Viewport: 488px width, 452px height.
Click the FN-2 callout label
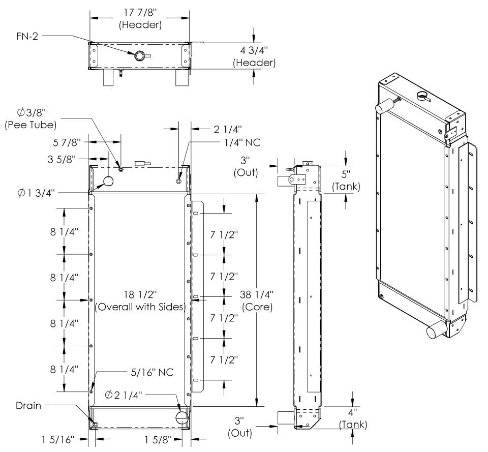click(x=27, y=37)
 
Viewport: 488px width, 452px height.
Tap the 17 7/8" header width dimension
click(x=140, y=12)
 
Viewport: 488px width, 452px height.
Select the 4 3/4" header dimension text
click(x=254, y=50)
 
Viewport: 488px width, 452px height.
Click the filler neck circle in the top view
click(x=139, y=56)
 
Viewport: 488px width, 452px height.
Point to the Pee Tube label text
click(x=30, y=125)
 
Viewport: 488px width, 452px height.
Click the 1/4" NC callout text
click(x=242, y=142)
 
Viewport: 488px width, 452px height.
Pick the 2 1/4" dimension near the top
click(x=228, y=129)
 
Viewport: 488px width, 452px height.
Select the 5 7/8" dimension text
click(x=67, y=142)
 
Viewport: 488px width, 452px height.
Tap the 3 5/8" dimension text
click(x=62, y=159)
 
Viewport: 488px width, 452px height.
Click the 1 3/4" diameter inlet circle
click(x=108, y=181)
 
